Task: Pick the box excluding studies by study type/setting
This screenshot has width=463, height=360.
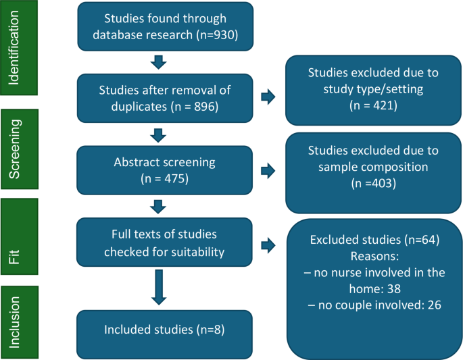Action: (x=374, y=89)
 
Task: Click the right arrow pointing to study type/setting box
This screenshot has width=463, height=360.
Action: (x=268, y=98)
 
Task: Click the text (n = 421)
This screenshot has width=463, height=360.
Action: (x=374, y=106)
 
